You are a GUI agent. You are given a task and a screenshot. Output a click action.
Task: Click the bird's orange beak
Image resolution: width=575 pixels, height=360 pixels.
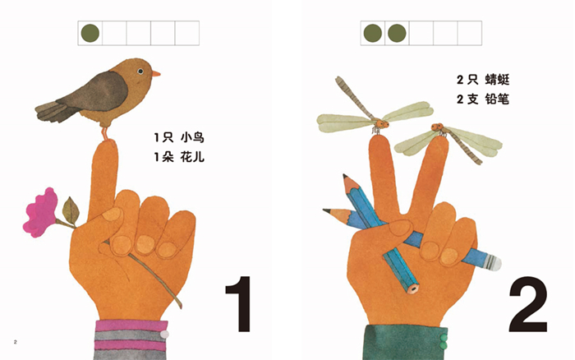point(156,74)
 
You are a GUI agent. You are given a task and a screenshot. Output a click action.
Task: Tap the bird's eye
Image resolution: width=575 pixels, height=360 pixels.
point(140,72)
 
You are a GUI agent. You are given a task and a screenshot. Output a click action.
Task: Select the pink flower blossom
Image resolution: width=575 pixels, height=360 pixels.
point(40,212)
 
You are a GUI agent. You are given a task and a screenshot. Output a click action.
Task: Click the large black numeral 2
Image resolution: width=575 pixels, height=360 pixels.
point(528,304)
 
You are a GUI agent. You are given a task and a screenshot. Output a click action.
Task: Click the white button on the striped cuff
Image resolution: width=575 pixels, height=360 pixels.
point(164,334)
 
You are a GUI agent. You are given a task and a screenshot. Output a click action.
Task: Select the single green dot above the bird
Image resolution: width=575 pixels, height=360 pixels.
point(90,33)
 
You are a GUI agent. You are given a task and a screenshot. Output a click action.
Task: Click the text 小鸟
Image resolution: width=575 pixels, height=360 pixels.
point(192,138)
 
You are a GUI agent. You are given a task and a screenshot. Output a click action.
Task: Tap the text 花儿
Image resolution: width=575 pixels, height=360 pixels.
point(192,158)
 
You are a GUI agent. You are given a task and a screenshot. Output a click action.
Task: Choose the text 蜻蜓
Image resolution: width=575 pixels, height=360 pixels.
point(497,80)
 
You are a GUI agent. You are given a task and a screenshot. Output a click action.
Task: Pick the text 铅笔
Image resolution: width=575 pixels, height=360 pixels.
point(497,99)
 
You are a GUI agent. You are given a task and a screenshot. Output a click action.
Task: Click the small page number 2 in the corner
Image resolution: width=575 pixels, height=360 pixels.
point(16,342)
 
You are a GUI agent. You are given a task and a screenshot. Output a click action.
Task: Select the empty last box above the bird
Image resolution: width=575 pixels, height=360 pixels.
point(187,33)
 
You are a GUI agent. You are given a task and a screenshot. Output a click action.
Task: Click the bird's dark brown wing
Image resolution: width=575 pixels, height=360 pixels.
point(99,92)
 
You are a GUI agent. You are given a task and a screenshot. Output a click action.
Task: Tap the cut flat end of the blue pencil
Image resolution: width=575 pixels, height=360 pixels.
point(414,288)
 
